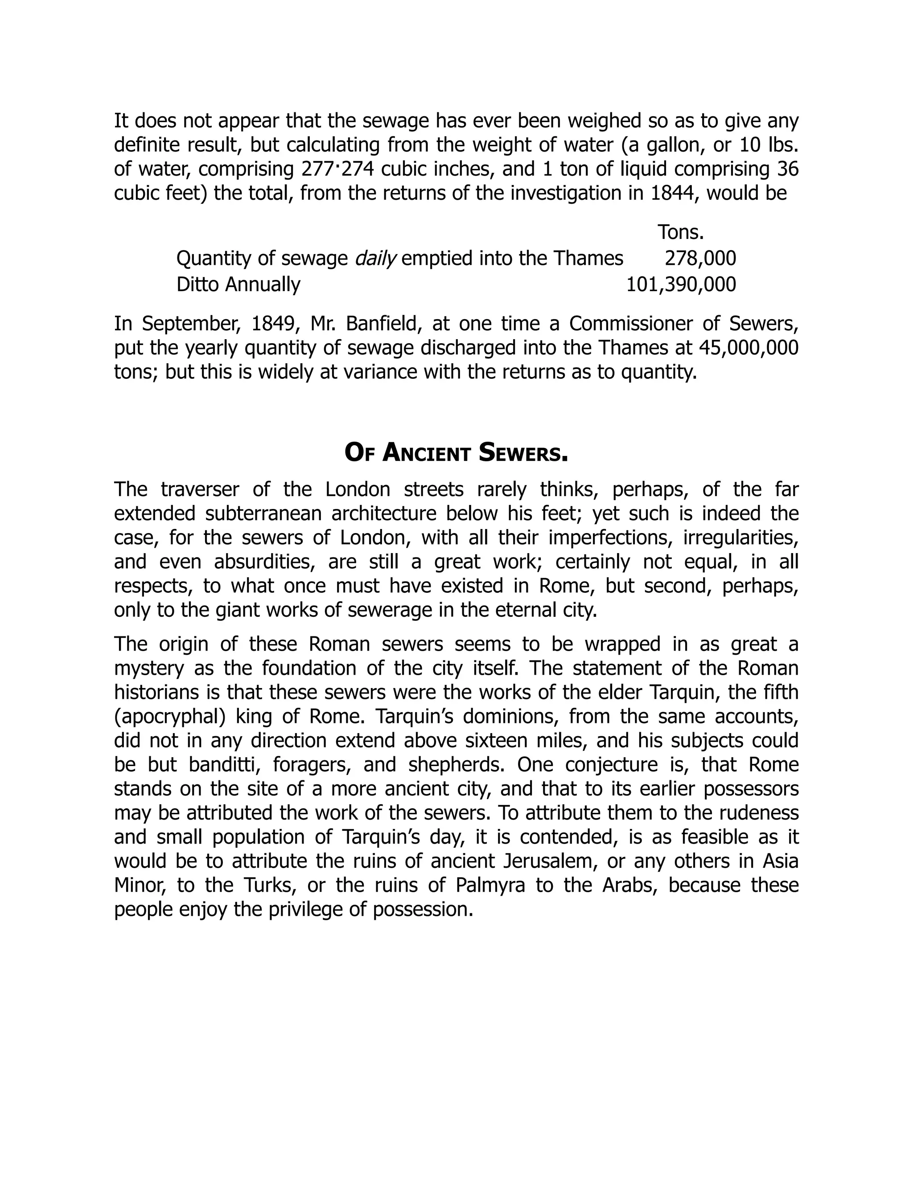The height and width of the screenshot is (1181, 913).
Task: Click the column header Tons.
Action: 680,233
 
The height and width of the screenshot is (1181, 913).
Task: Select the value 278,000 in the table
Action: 700,258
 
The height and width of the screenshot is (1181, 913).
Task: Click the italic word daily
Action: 376,259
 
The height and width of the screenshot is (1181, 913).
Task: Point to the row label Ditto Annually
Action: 238,284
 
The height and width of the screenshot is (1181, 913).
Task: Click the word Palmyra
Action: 490,885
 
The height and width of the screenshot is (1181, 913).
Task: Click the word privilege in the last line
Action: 302,910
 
